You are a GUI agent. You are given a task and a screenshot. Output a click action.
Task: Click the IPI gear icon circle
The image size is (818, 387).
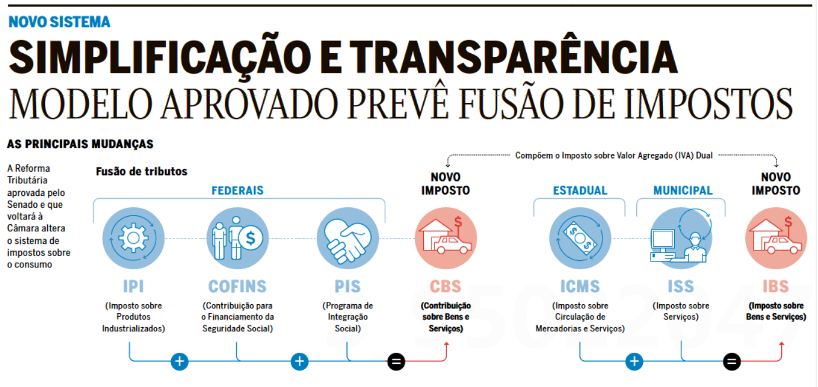129,238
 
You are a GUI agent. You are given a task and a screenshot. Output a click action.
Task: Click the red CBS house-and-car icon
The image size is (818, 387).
446,238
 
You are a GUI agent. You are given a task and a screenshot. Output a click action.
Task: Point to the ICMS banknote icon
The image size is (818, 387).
579,238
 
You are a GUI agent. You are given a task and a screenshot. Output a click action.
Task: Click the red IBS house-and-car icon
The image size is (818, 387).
776,238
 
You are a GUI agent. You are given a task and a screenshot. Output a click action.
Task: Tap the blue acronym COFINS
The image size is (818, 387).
237,287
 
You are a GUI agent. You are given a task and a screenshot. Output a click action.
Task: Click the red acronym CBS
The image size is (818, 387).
446,287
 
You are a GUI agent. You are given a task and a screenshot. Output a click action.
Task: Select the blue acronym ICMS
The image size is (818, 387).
579,287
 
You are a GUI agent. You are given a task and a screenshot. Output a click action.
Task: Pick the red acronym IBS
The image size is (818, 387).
776,287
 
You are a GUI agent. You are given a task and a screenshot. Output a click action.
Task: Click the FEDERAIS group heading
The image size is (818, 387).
237,191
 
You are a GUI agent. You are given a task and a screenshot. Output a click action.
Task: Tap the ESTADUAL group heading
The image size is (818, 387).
580,191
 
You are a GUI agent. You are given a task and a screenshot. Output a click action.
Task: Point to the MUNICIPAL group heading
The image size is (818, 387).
682,191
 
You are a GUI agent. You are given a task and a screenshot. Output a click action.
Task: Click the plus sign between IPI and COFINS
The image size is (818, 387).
179,361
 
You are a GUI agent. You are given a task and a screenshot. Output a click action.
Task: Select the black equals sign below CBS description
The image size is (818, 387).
396,361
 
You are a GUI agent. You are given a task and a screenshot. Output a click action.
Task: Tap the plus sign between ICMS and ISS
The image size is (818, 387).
634,361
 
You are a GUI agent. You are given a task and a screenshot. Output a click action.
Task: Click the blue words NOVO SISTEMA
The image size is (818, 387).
59,22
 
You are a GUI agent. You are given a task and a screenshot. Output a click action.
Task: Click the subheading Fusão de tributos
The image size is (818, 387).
141,172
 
